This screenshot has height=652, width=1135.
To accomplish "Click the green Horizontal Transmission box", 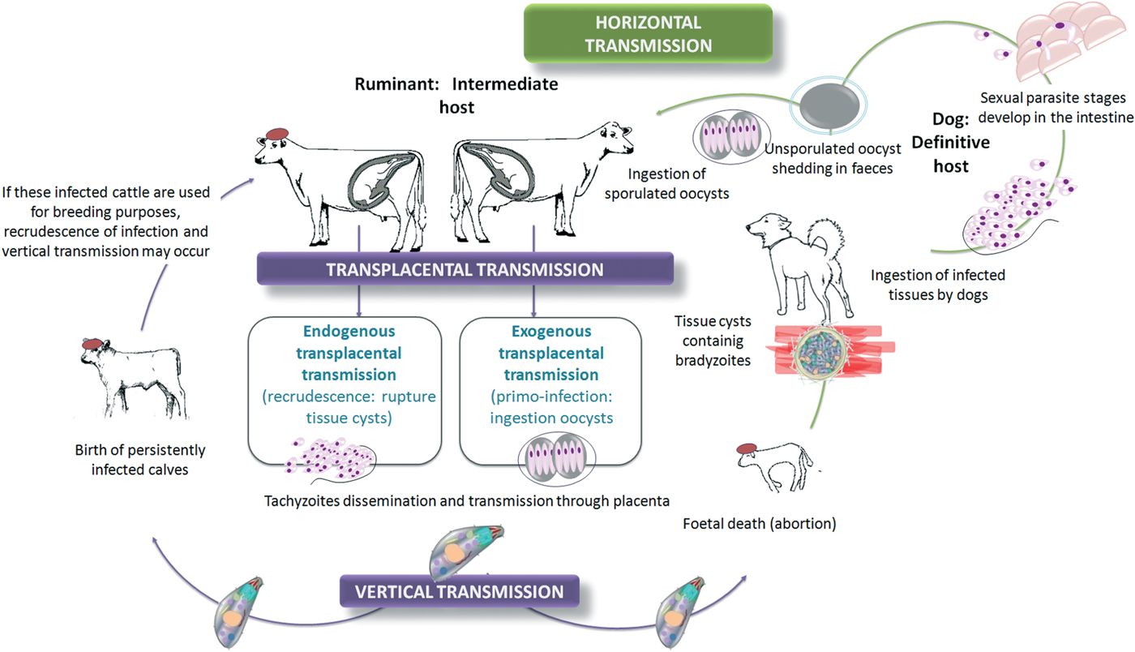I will pos(648,32).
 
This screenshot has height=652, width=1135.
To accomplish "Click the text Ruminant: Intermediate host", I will pos(456,93).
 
